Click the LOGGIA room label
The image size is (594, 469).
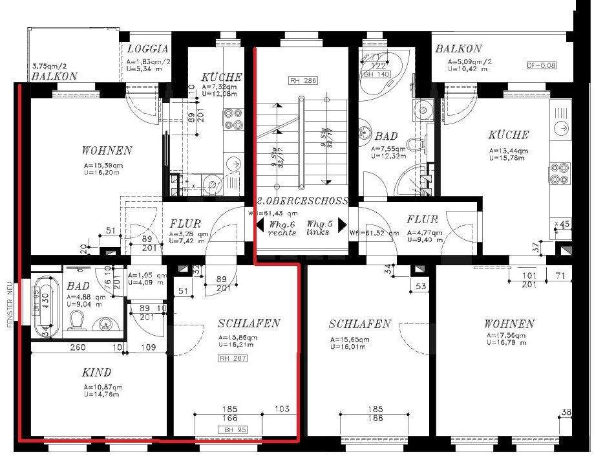tap(147, 49)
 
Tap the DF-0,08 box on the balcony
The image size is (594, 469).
tap(541, 65)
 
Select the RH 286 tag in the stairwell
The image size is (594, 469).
tap(302, 82)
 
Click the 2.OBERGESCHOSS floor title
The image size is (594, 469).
tap(302, 201)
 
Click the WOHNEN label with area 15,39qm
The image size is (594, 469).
tap(107, 151)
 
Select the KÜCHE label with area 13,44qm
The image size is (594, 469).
tap(509, 135)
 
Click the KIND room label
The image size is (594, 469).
tap(96, 373)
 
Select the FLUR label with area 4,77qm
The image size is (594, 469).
tap(422, 219)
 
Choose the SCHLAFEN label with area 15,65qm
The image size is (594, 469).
tap(359, 324)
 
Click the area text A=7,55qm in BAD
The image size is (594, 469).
tap(387, 149)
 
